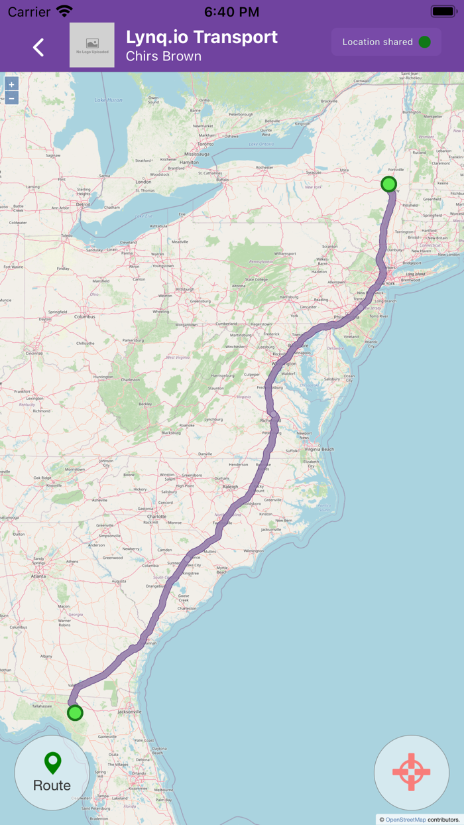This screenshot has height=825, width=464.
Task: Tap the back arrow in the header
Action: [x=38, y=47]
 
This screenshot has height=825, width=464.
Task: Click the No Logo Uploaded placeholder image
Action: [x=92, y=45]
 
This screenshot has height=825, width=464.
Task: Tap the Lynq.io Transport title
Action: [x=202, y=37]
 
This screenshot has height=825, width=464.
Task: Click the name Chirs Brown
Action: [x=164, y=56]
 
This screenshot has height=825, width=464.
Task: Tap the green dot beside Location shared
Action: [x=425, y=42]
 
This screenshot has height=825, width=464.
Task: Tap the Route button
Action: [x=52, y=773]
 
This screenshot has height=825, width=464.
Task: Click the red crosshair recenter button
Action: [x=412, y=773]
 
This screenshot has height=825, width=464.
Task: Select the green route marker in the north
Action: [x=389, y=184]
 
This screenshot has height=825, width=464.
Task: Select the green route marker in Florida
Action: [x=75, y=713]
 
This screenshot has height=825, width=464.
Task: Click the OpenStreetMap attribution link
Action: [x=406, y=820]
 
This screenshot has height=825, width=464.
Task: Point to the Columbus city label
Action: [x=84, y=317]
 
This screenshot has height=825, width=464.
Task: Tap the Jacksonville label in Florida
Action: [x=129, y=712]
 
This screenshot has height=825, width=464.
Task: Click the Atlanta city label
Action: [x=38, y=576]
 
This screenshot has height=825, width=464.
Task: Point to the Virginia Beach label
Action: [x=319, y=449]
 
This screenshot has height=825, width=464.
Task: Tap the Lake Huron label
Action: [x=109, y=100]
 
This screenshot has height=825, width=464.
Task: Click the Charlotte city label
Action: [x=156, y=516]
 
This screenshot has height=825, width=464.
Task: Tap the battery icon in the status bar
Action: [x=443, y=11]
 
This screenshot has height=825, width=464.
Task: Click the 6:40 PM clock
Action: [x=231, y=11]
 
